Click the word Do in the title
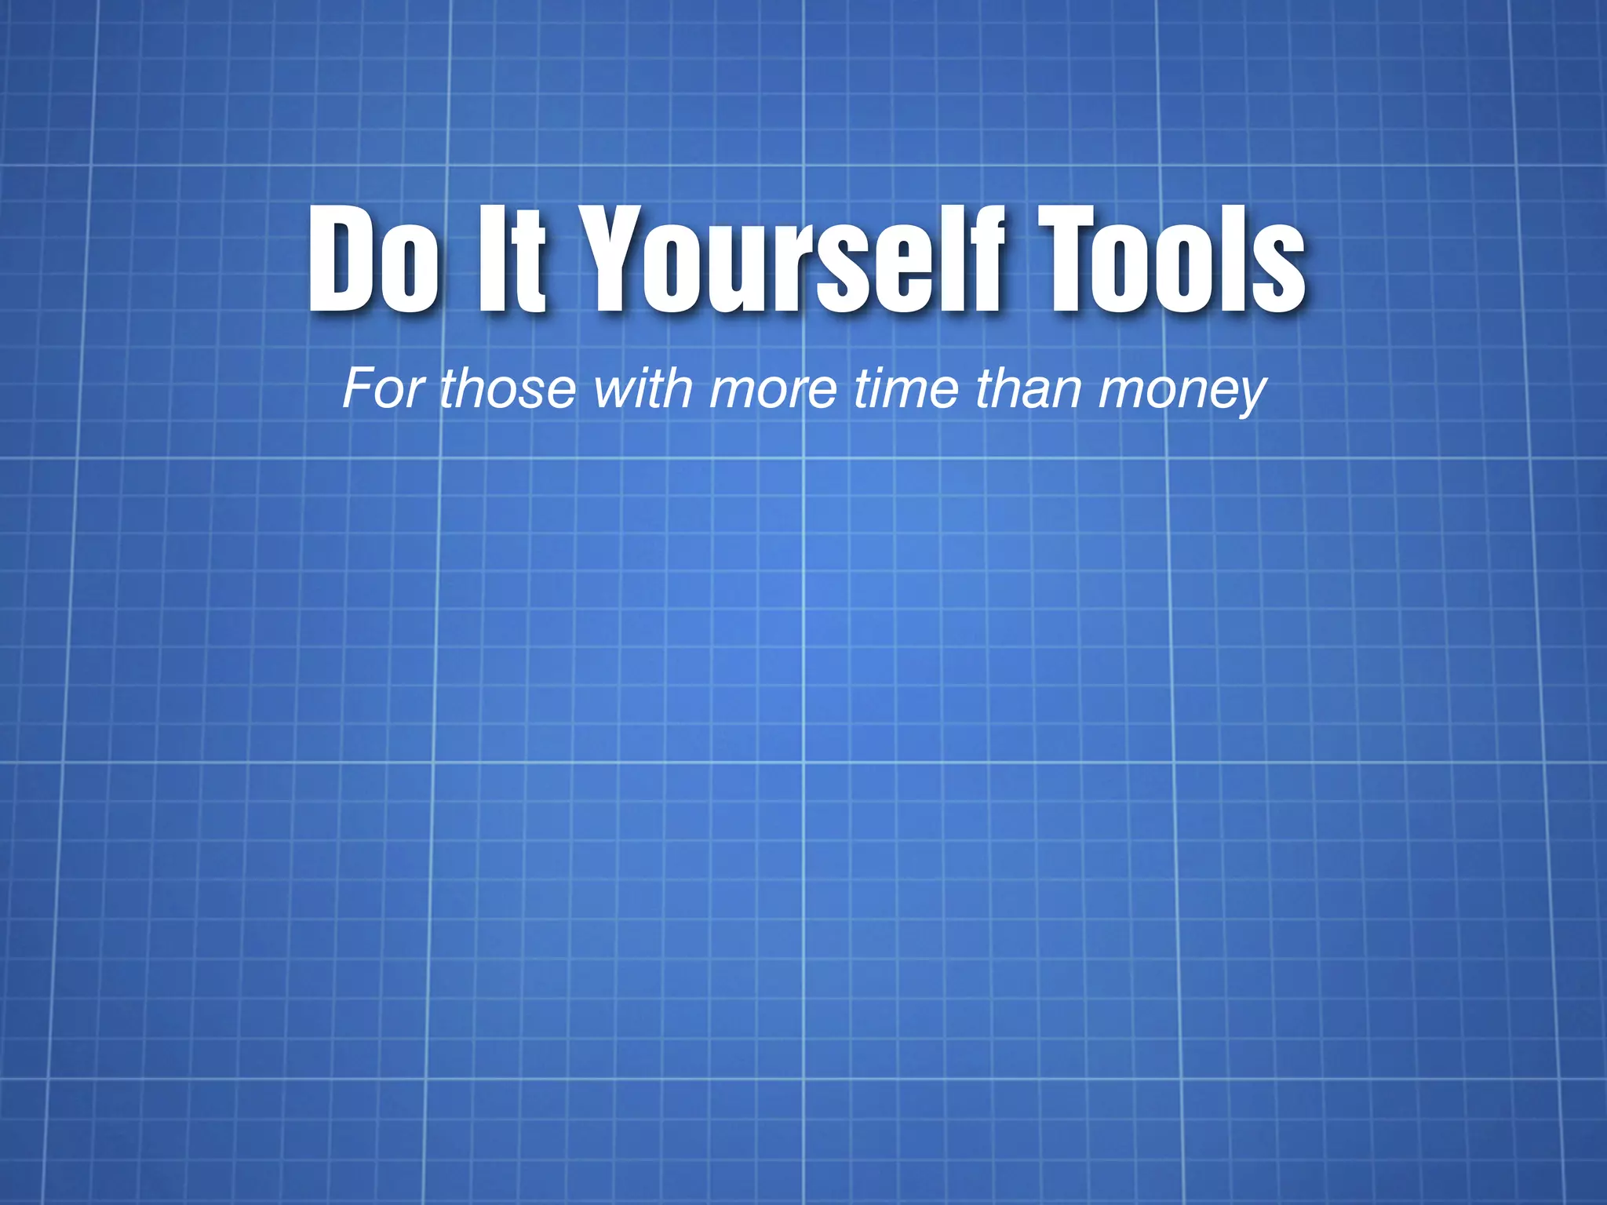[x=374, y=259]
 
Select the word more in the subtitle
[x=774, y=390]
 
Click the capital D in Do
[x=341, y=259]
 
